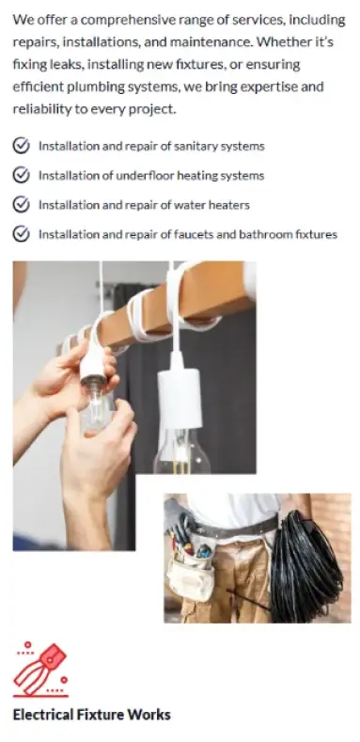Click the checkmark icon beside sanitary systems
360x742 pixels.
21,146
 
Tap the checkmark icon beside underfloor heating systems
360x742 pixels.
21,175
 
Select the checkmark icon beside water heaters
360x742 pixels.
21,204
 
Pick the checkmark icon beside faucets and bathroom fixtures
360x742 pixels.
21,234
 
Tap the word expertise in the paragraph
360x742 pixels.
270,87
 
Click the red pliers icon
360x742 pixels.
40,670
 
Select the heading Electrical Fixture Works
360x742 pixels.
91,714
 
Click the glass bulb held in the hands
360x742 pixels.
98,407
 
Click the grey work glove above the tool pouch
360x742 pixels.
179,516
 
